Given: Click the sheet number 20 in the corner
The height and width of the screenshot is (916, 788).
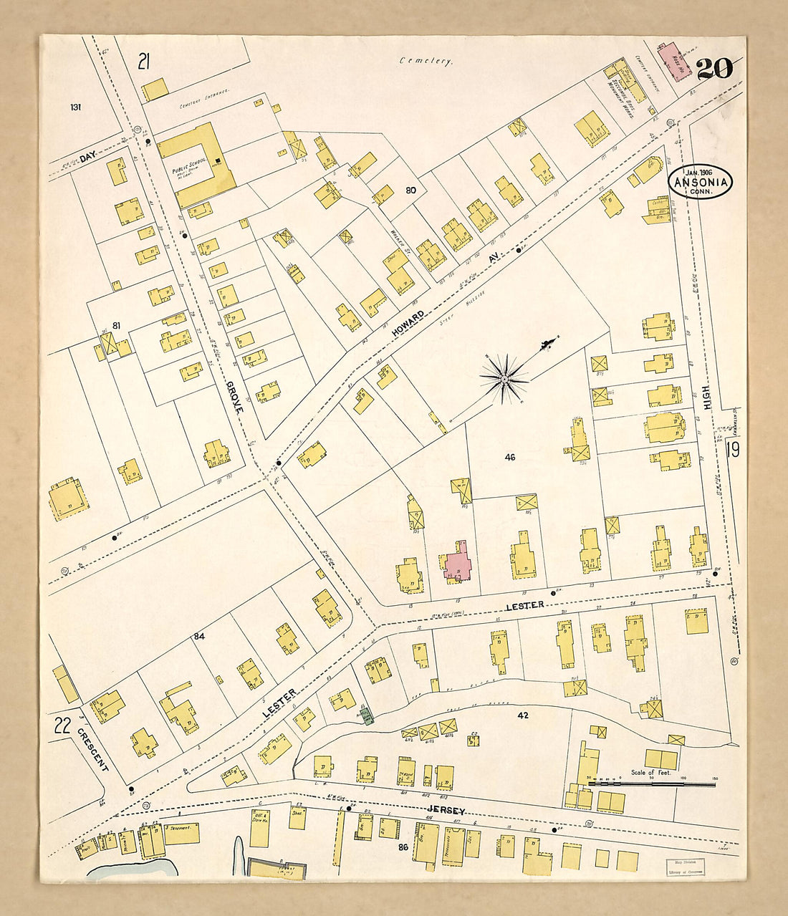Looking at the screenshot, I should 714,69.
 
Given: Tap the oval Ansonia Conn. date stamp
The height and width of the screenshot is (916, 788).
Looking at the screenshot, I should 701,182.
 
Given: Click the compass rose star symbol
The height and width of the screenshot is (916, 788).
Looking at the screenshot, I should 504,377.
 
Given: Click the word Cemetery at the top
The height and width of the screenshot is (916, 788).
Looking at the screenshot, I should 426,62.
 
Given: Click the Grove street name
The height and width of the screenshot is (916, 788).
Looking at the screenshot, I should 235,395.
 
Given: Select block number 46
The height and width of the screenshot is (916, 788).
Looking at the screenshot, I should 509,456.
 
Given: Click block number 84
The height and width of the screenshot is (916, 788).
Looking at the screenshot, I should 198,636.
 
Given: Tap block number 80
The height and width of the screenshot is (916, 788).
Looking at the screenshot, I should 410,191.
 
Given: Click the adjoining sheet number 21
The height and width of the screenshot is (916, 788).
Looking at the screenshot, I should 144,62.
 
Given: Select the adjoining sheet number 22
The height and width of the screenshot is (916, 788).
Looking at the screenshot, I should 62,725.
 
